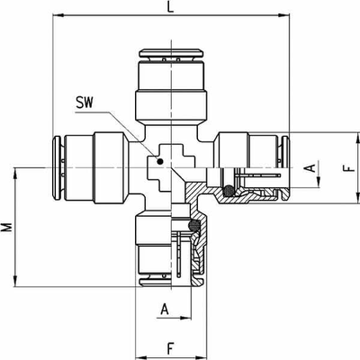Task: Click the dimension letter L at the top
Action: [x=170, y=7]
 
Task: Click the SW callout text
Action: [x=85, y=103]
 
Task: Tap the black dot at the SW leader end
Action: [x=160, y=161]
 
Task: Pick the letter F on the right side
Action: [x=349, y=167]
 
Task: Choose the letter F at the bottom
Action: [x=170, y=348]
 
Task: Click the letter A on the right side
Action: [x=312, y=167]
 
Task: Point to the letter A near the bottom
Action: [x=165, y=310]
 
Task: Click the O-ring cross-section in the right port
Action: [x=229, y=191]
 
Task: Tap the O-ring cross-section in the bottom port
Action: [x=194, y=225]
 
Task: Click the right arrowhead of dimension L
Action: [x=283, y=15]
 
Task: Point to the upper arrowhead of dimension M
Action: [x=15, y=174]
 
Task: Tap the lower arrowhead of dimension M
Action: [x=15, y=281]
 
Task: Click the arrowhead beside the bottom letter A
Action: [x=185, y=318]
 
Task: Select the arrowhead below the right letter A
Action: [x=319, y=182]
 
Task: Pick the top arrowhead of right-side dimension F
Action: [x=357, y=138]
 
